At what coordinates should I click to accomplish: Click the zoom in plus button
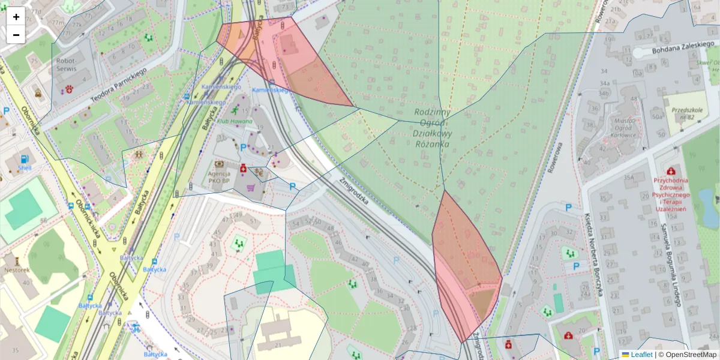tap(16, 17)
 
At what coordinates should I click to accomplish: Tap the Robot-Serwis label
tap(66, 65)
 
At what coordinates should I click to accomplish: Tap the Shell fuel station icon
tap(25, 160)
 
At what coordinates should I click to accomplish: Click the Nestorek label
tap(17, 270)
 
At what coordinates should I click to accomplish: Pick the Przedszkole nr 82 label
tap(687, 113)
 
